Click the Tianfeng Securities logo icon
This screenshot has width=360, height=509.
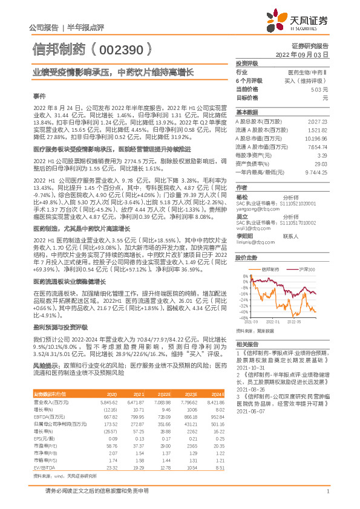282,21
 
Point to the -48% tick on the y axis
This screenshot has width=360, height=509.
243,317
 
